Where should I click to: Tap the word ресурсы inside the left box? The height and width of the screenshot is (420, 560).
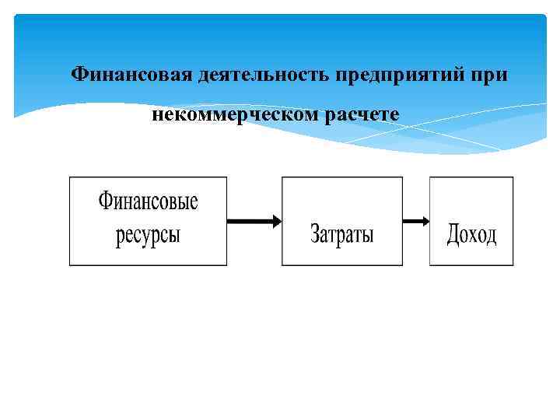click(x=148, y=234)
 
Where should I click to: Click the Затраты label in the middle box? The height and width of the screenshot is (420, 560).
click(x=342, y=233)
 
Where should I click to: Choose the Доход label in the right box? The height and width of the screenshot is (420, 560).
click(x=471, y=233)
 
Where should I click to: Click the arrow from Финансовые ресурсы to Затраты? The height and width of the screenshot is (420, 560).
click(x=254, y=222)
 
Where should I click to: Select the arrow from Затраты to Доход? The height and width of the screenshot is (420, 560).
click(x=416, y=222)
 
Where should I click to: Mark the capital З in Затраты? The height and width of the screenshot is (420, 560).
click(x=316, y=233)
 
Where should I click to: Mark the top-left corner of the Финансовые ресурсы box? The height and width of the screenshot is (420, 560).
click(x=70, y=177)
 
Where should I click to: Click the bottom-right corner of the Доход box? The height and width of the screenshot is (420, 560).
click(x=513, y=266)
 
